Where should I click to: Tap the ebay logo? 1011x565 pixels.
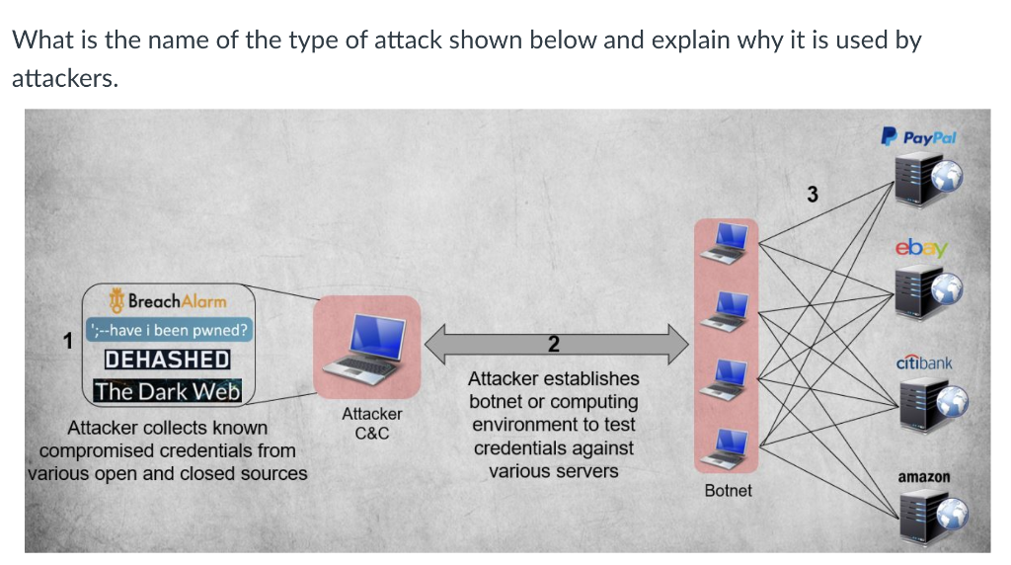coord(920,247)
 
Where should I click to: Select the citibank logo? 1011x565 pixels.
coord(924,363)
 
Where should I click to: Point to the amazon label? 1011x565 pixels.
coord(924,477)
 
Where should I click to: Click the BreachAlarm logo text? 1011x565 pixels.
coord(168,300)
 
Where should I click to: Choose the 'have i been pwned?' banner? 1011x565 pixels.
coord(170,330)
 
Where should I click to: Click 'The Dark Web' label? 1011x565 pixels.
coord(168,391)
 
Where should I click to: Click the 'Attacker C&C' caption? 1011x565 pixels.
coord(371,423)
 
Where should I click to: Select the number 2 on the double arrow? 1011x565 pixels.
coord(553,344)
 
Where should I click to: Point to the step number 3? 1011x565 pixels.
coord(812,194)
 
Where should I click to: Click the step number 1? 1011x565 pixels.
coord(68,342)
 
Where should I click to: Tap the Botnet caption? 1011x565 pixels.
coord(728,490)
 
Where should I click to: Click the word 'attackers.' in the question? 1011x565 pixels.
coord(64,79)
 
